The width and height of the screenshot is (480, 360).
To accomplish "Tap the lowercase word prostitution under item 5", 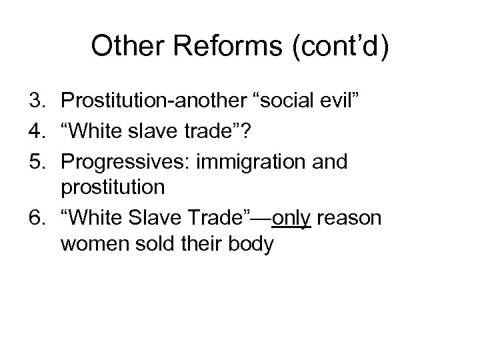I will (112, 188).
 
